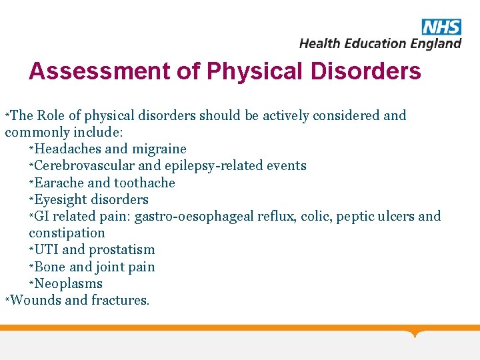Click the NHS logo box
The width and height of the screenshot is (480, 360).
pos(441,27)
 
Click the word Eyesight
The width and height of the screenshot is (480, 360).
pos(61,199)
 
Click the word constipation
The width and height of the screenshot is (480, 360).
pos(67,233)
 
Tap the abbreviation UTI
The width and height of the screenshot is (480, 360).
pos(46,249)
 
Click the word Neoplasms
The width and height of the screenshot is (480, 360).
pos(69,283)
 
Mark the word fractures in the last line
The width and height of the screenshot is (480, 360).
pos(121,300)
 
